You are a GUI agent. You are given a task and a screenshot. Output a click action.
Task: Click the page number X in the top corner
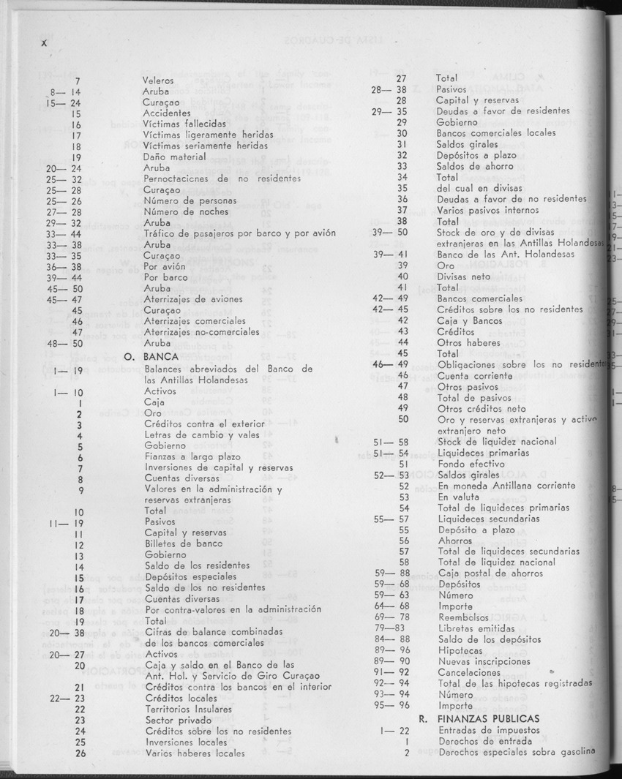[43, 44]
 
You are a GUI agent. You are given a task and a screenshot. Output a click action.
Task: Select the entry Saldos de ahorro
[473, 166]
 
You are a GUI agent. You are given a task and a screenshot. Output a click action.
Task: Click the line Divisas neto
[465, 276]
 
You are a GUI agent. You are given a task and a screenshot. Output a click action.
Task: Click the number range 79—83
[389, 628]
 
